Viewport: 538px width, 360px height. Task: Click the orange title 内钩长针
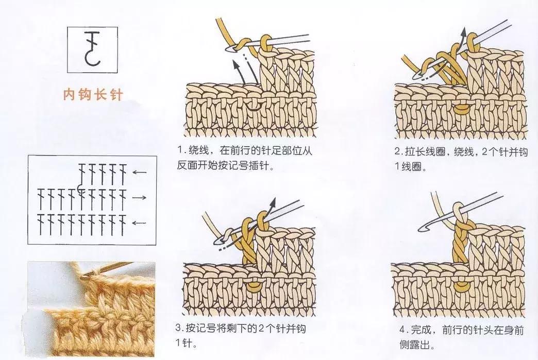point(93,95)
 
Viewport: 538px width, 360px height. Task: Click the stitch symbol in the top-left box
point(92,49)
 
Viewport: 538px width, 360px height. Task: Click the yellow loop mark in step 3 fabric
point(254,284)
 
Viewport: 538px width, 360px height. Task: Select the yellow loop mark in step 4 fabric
point(461,284)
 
